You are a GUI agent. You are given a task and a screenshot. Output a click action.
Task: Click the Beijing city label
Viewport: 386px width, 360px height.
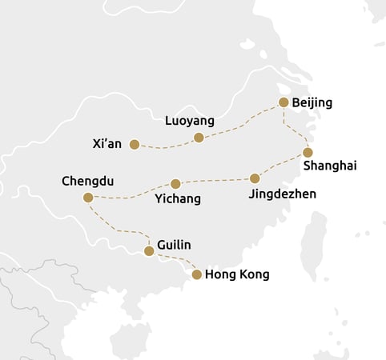(x=312, y=102)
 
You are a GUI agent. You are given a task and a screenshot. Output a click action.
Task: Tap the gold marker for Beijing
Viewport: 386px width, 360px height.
(x=283, y=102)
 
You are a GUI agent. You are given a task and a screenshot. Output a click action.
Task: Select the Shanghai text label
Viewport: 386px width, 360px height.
(x=330, y=166)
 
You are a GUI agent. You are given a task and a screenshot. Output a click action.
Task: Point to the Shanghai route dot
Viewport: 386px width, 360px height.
(x=308, y=152)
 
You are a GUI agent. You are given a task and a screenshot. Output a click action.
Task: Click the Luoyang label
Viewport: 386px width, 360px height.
(x=190, y=122)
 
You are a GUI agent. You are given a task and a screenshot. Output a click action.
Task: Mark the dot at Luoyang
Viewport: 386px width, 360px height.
(x=199, y=138)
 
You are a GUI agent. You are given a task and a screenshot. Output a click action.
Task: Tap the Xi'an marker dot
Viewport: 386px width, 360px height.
(x=135, y=145)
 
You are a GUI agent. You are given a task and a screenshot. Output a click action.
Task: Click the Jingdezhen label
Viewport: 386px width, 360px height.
(x=282, y=194)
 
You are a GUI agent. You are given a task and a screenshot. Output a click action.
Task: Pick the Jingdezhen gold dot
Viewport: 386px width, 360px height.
(x=255, y=178)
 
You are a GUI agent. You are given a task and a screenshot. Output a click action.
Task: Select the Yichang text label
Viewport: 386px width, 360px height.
(x=178, y=198)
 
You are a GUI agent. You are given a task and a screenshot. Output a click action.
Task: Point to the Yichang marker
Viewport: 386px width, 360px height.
(x=175, y=184)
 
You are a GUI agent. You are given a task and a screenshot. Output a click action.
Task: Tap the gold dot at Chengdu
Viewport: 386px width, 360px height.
(x=88, y=198)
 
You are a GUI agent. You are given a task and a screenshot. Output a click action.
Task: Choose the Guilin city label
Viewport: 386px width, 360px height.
(x=175, y=246)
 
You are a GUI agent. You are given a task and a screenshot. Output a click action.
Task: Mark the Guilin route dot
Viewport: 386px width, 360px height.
(x=148, y=251)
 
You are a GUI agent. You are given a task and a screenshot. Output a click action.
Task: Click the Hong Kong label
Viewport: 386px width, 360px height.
(x=237, y=275)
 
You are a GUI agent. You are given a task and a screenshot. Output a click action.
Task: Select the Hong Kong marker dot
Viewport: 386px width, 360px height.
(x=197, y=274)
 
